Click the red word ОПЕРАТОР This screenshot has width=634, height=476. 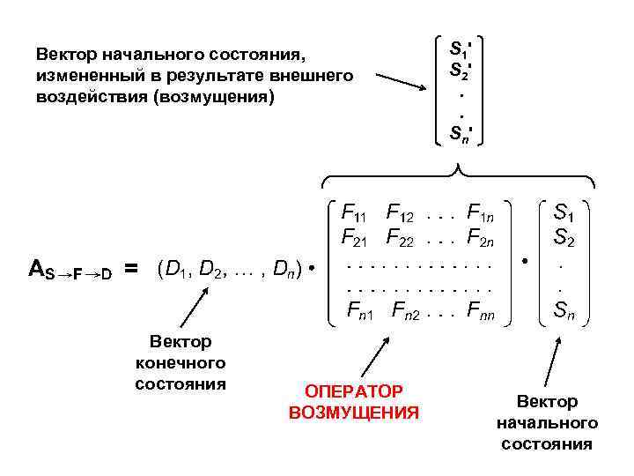pos(354,390)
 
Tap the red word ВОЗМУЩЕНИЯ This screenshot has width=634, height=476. pos(354,412)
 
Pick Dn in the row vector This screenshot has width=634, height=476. pos(284,267)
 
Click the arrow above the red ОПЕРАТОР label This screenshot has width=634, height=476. pos(373,357)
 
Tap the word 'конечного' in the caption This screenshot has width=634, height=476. pos(181,362)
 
